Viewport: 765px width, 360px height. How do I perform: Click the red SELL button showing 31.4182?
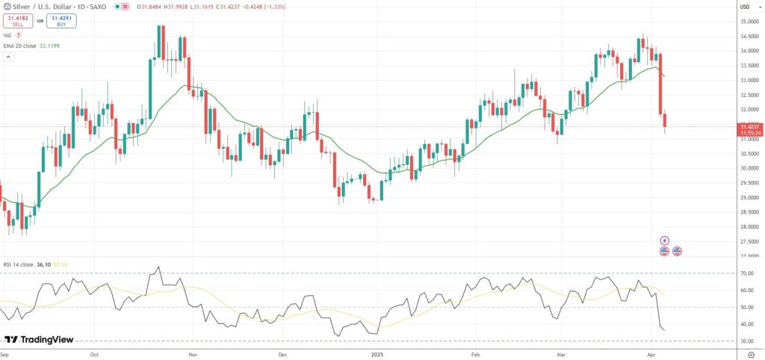(x=17, y=21)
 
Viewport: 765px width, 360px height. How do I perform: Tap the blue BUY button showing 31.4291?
(x=62, y=21)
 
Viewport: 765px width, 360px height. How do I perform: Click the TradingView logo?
(x=39, y=340)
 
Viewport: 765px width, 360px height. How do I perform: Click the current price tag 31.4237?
(x=749, y=127)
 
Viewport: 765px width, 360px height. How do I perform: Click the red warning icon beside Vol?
(x=19, y=35)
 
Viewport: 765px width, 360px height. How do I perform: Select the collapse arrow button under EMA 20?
(x=9, y=57)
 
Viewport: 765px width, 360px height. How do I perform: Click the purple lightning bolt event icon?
(x=665, y=240)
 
